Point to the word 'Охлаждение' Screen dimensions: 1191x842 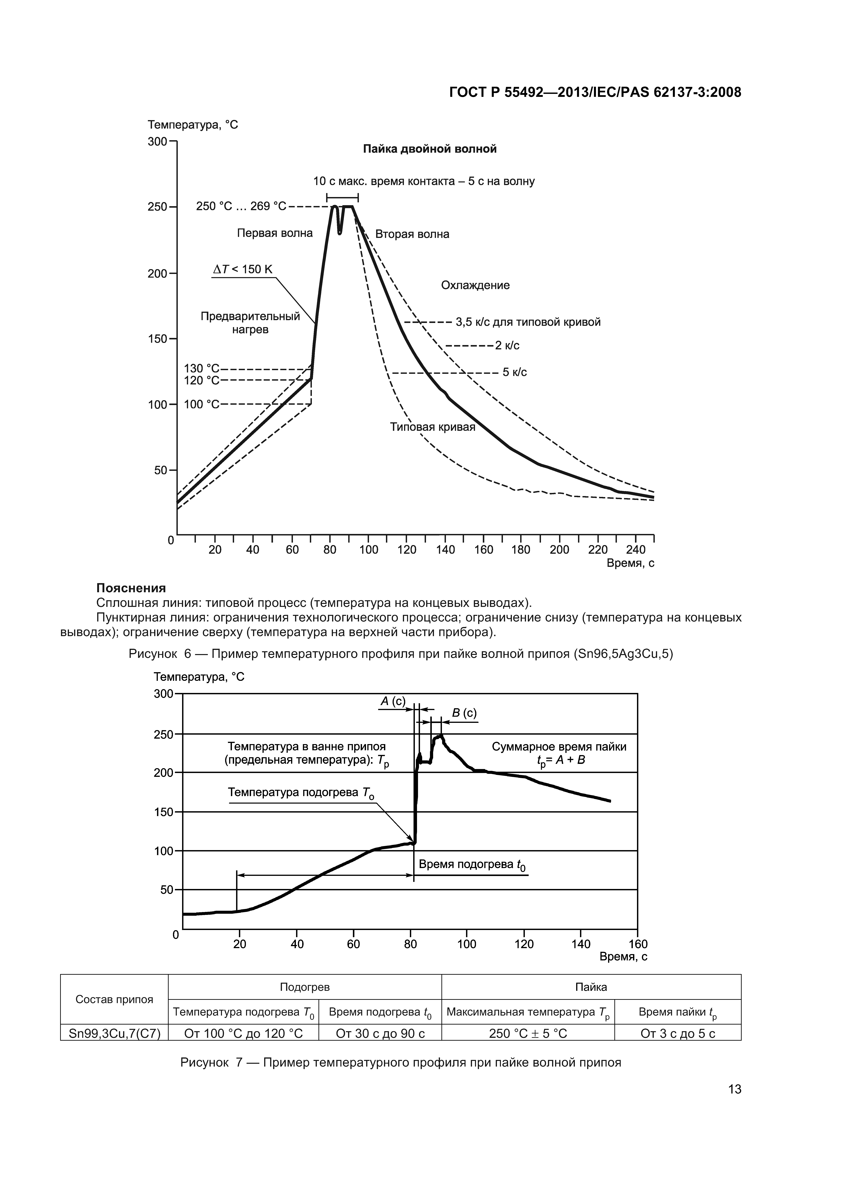pyautogui.click(x=475, y=285)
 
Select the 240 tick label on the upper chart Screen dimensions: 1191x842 pyautogui.click(x=636, y=550)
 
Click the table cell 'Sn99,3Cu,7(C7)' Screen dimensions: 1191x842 pyautogui.click(x=114, y=1034)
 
